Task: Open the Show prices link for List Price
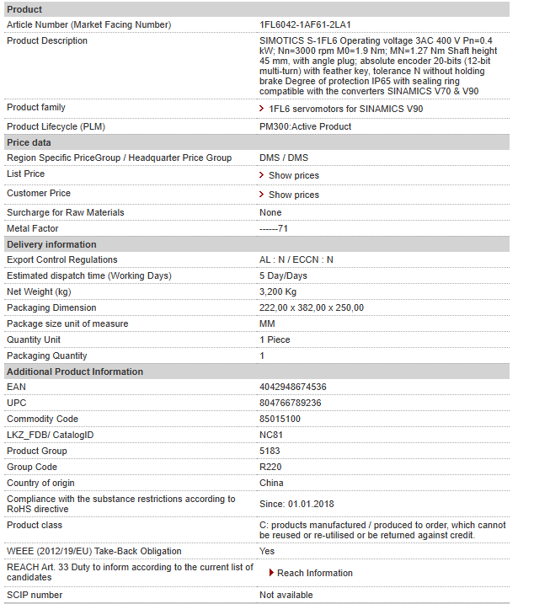click(x=293, y=175)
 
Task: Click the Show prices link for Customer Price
click(x=293, y=195)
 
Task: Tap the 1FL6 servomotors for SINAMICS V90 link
click(x=345, y=109)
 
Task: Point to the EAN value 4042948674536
click(x=292, y=387)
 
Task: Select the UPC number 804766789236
click(x=290, y=403)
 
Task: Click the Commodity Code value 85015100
click(x=280, y=419)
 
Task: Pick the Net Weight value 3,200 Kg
click(x=278, y=291)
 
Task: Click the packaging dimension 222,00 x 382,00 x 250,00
click(x=311, y=307)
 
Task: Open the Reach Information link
click(x=314, y=573)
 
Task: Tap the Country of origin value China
click(x=271, y=483)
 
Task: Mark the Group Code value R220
click(x=270, y=467)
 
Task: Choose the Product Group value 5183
click(x=270, y=451)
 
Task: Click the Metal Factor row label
click(x=33, y=228)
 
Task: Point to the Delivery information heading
click(x=51, y=244)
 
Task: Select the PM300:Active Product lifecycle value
click(x=305, y=126)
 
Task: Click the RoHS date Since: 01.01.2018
click(x=296, y=504)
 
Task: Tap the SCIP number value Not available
click(x=286, y=595)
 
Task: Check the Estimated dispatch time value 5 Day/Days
click(x=283, y=275)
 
